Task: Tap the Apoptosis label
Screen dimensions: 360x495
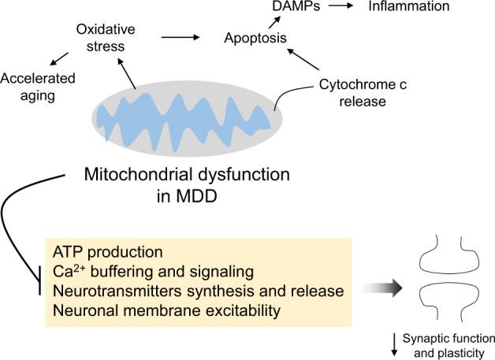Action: pos(255,37)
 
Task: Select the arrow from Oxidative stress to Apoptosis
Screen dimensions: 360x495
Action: pos(180,36)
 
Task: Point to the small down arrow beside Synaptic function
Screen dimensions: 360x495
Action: pos(393,342)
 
